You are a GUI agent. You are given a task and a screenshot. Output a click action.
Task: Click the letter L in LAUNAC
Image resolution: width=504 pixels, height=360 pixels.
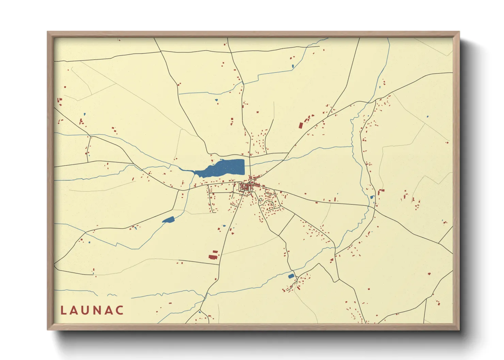click(x=63, y=310)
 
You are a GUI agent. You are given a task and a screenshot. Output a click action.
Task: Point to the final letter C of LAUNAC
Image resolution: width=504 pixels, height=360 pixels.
click(x=120, y=310)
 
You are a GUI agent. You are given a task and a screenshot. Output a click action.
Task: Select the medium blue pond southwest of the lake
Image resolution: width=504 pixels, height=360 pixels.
click(x=168, y=220)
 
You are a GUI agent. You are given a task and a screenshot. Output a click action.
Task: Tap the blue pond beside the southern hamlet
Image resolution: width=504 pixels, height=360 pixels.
click(x=291, y=276)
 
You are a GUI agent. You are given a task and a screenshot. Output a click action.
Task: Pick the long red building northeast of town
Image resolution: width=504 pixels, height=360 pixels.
click(x=301, y=125)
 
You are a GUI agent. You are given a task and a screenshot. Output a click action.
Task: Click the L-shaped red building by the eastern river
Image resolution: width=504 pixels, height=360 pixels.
click(x=380, y=192)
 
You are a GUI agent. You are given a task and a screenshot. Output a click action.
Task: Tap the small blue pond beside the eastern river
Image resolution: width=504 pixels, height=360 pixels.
click(x=372, y=197)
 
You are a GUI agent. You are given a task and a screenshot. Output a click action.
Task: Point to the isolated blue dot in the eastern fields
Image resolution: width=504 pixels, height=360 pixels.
click(x=427, y=117)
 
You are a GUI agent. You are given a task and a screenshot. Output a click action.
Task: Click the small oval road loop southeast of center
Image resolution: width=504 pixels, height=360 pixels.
click(x=261, y=200)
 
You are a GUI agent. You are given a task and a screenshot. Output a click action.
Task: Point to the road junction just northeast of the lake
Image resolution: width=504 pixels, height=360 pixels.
click(x=250, y=156)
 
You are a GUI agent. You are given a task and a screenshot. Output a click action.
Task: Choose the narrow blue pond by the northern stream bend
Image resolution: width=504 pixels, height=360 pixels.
click(x=293, y=66)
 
